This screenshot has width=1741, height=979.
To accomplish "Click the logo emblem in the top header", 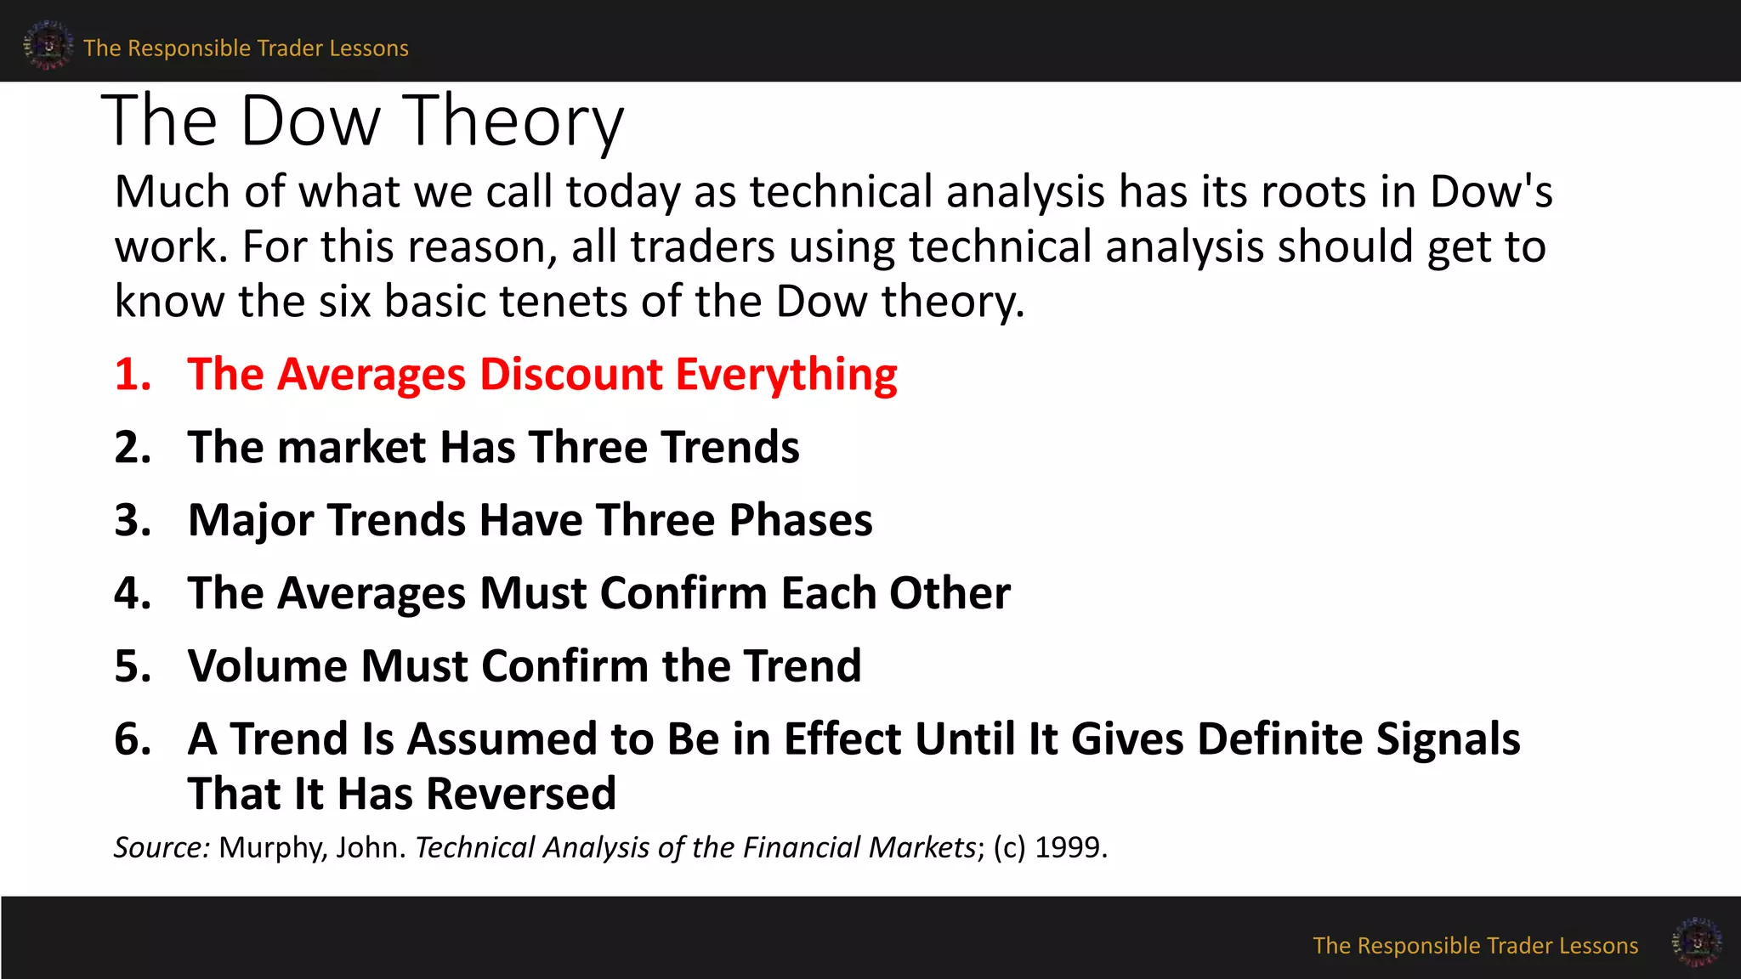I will pyautogui.click(x=48, y=45).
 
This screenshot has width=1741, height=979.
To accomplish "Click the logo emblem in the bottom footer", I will pyautogui.click(x=1696, y=942).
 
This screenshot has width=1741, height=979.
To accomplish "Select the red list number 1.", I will pyautogui.click(x=133, y=374).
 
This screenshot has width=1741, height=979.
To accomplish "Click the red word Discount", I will pyautogui.click(x=570, y=374).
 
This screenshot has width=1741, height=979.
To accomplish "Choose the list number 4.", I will pyautogui.click(x=133, y=592).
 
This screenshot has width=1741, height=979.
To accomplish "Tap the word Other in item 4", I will pyautogui.click(x=950, y=592).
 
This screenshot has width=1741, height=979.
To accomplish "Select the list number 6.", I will pyautogui.click(x=133, y=738).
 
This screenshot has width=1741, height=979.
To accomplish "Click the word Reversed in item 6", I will pyautogui.click(x=520, y=794).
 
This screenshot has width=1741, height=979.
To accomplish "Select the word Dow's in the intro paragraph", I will pyautogui.click(x=1491, y=191).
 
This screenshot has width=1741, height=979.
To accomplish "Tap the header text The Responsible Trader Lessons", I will pyautogui.click(x=246, y=48).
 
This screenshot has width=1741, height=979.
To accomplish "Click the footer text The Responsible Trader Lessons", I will pyautogui.click(x=1475, y=946).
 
